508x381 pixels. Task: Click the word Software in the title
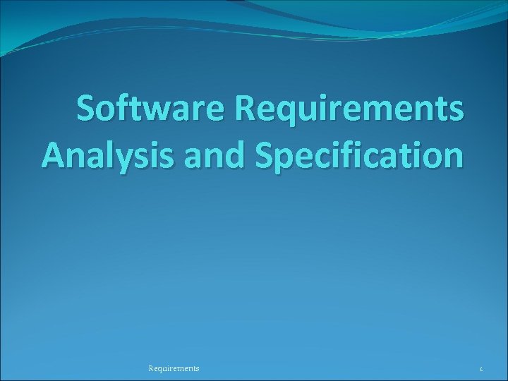151,111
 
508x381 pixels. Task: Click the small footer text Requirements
174,368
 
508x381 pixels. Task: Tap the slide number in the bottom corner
480,368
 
